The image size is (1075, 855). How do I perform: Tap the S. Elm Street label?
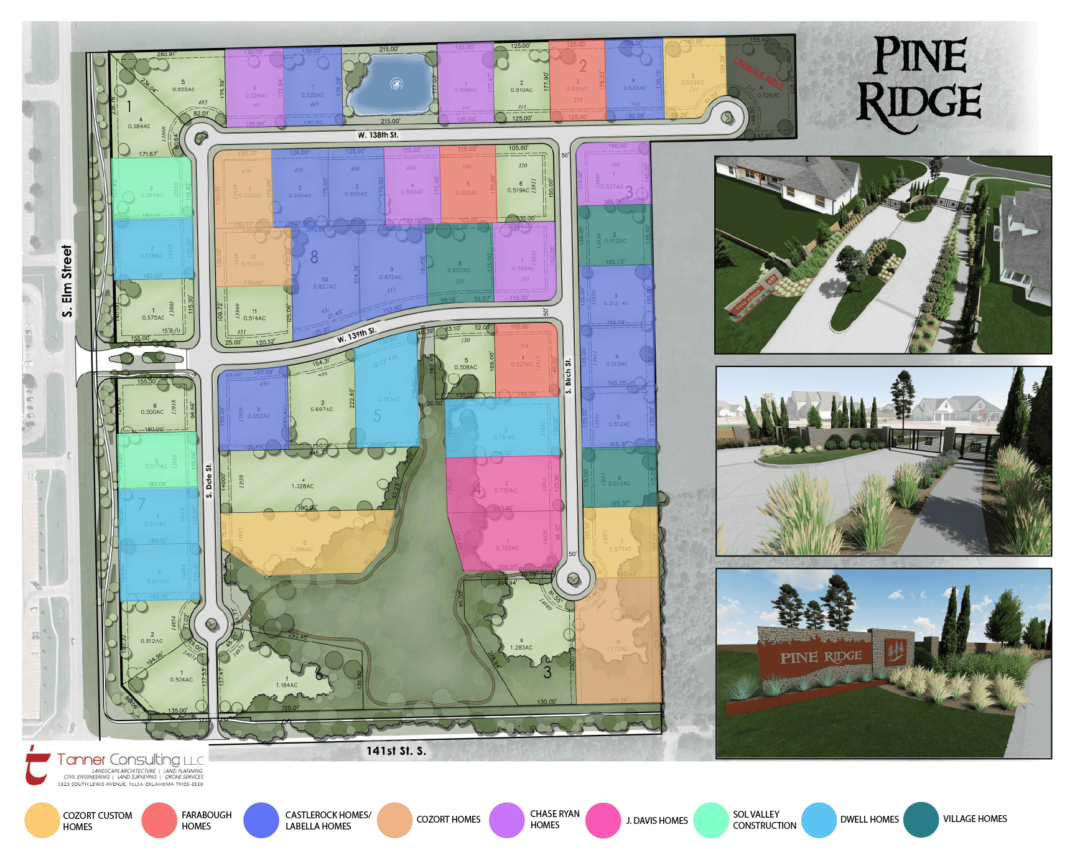coord(67,281)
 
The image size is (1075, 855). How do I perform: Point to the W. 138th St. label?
coord(378,135)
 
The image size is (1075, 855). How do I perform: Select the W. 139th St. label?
coord(356,335)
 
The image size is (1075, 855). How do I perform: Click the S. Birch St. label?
coord(568,376)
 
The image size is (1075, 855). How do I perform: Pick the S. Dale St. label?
coord(209,480)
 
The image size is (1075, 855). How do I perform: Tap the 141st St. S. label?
coord(396,751)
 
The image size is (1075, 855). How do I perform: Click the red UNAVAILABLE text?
coord(758,73)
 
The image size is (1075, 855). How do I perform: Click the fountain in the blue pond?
coord(396,83)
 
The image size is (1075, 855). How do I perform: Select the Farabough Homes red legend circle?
coord(159,820)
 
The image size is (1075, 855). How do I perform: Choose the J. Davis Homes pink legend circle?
coord(603,820)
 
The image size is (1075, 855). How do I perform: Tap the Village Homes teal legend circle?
coord(921,820)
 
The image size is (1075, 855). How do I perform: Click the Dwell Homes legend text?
coord(869,820)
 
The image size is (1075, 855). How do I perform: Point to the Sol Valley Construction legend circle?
coord(710,820)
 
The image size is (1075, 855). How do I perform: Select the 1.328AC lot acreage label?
coord(302,486)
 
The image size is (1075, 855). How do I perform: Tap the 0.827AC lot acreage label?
coord(325,287)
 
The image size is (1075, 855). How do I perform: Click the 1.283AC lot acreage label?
coord(521,647)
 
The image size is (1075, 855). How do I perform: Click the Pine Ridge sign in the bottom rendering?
coord(821,657)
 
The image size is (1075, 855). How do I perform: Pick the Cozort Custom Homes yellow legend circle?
coord(42,820)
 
